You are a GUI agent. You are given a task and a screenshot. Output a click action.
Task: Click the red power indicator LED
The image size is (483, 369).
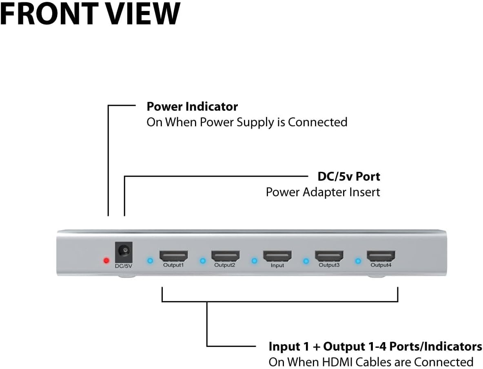coord(106,261)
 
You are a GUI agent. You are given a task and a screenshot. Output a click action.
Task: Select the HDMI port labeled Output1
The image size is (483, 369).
coord(173,256)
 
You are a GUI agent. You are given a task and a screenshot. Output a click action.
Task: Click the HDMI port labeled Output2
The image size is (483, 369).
coord(225,256)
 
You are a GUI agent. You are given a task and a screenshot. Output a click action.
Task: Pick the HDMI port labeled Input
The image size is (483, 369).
coord(277,256)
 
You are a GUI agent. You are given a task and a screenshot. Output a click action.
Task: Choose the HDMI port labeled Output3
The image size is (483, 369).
coord(329,256)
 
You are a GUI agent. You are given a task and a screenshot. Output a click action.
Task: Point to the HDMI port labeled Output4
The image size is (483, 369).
coord(381,256)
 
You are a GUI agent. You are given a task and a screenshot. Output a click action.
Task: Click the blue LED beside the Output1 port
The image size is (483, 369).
coord(150,261)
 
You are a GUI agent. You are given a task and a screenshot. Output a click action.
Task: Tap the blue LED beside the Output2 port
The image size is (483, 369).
coord(202,261)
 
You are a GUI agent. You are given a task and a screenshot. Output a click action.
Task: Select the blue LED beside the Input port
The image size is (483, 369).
coord(254,261)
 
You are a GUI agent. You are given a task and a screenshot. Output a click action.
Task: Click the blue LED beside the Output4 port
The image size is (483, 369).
coord(358,261)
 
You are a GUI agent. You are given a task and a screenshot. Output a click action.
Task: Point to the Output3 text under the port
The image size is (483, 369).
coord(329,265)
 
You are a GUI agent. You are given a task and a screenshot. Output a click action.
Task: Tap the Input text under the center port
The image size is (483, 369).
coord(277,266)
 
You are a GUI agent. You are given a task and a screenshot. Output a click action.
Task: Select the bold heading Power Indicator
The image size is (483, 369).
coord(192,107)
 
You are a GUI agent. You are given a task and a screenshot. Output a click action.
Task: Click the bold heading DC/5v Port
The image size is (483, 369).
coord(349,177)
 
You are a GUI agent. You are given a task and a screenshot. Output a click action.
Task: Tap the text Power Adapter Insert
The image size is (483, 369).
coord(323,192)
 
